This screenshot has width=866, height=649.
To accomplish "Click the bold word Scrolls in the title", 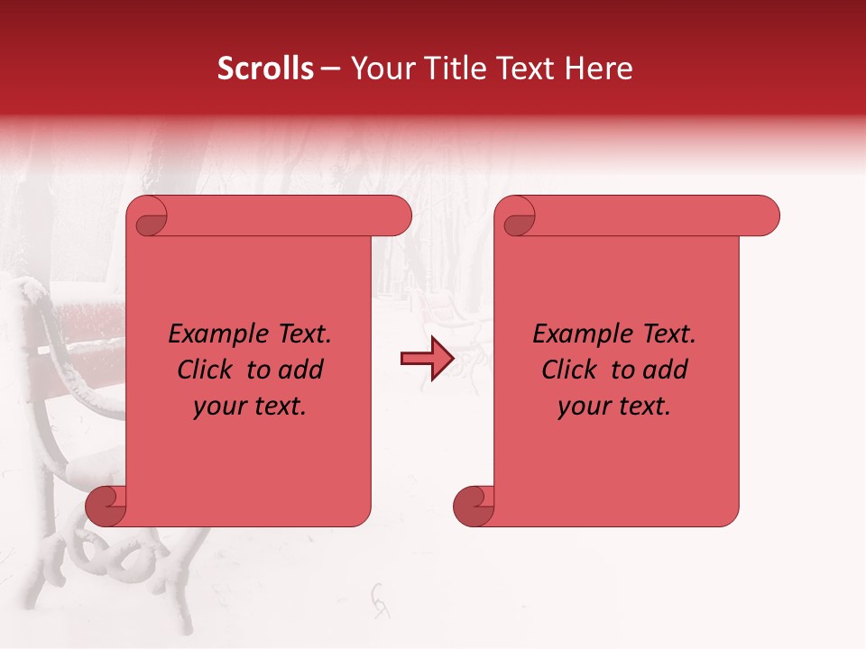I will [266, 69].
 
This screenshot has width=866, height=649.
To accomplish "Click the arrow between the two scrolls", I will [426, 359].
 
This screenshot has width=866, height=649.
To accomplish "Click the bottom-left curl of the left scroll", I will [105, 506].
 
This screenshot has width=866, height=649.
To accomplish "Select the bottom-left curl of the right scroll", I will [473, 506].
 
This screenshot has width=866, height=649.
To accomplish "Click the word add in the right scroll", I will [668, 370].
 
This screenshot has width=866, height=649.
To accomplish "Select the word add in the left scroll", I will [304, 370].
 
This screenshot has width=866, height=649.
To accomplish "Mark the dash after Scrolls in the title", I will [330, 69].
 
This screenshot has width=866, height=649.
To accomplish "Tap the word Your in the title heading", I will [380, 69].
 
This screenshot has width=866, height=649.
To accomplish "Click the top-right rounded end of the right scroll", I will [763, 216].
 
